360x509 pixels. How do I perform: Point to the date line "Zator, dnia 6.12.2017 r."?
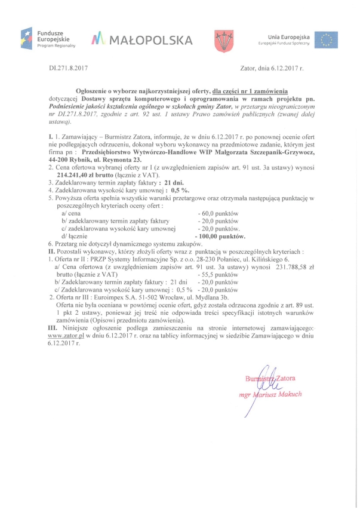272,69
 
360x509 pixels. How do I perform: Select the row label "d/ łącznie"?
75,236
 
